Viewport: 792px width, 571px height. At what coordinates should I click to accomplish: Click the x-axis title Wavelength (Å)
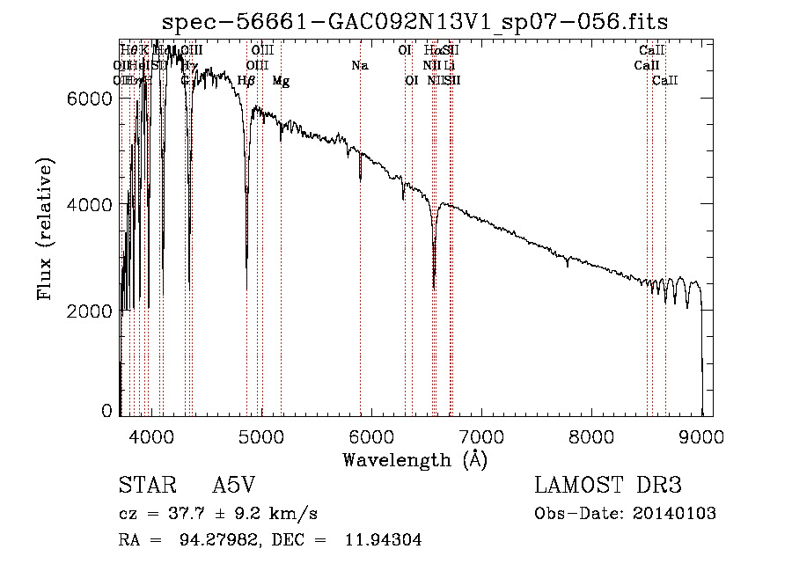pyautogui.click(x=414, y=459)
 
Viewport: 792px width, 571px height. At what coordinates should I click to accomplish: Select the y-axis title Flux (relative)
pyautogui.click(x=46, y=229)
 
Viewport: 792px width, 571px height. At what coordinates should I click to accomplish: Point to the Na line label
pyautogui.click(x=359, y=66)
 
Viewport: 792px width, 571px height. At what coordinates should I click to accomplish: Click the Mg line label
pyautogui.click(x=281, y=81)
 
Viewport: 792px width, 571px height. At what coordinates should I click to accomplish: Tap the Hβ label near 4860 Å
pyautogui.click(x=246, y=81)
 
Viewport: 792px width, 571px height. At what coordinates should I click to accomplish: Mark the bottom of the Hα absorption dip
pyautogui.click(x=434, y=286)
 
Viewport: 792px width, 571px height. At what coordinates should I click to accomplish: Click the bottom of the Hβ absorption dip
pyautogui.click(x=246, y=289)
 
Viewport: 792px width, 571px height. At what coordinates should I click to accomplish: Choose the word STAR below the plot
pyautogui.click(x=146, y=486)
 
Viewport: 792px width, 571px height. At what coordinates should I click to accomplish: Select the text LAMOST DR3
pyautogui.click(x=608, y=486)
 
